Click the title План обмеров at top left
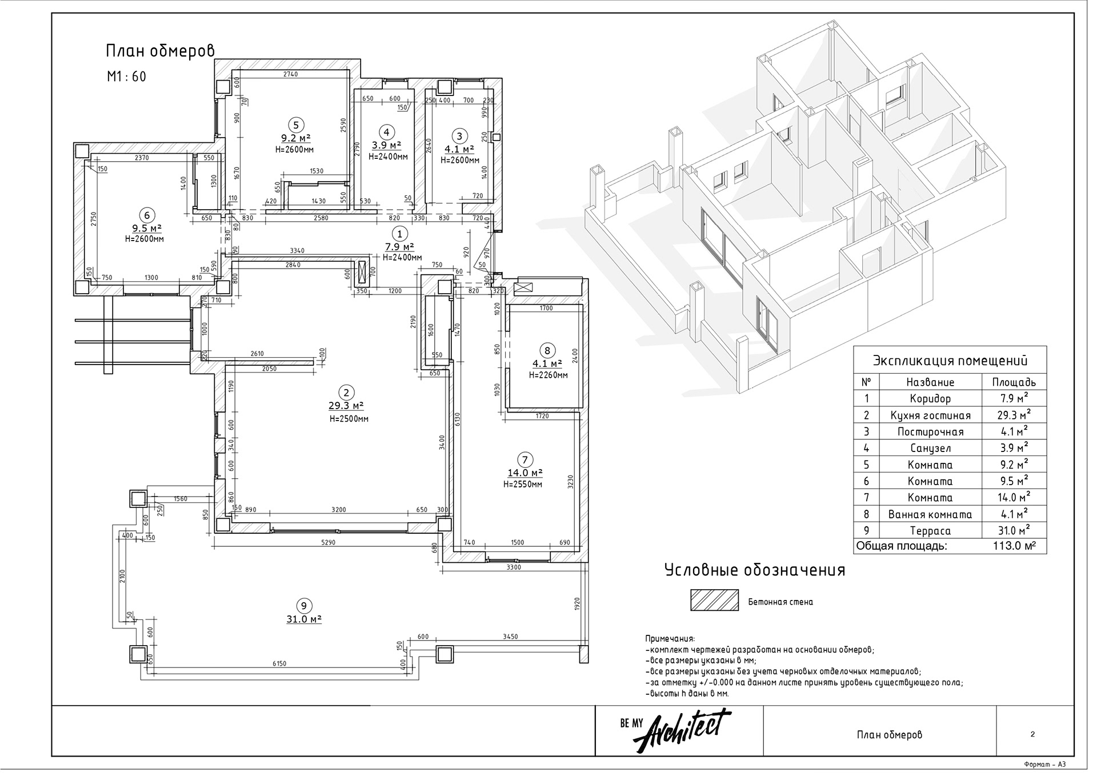click(x=160, y=51)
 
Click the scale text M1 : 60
click(x=126, y=76)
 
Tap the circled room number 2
click(x=346, y=393)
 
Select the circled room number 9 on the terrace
click(x=303, y=606)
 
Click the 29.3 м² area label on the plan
click(x=346, y=406)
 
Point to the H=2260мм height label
click(x=548, y=375)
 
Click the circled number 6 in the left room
click(x=147, y=215)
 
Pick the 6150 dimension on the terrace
click(x=279, y=663)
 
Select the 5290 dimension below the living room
click(x=328, y=542)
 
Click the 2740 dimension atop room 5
click(x=290, y=74)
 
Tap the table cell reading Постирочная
click(x=930, y=432)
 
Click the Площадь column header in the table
click(x=1014, y=382)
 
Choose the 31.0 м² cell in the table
click(x=1014, y=531)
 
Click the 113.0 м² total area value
click(x=1014, y=546)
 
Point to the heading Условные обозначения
click(x=754, y=570)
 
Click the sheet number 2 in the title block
click(x=1032, y=735)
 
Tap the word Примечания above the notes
click(x=670, y=639)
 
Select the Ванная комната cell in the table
click(x=930, y=514)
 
